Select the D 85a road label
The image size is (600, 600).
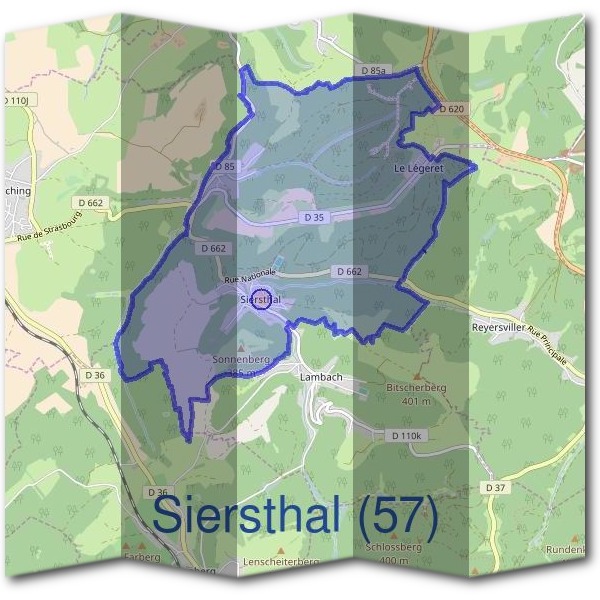coord(372,71)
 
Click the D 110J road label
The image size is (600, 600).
coord(18,100)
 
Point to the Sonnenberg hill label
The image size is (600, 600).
coord(237,357)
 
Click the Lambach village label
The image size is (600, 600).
coord(322,377)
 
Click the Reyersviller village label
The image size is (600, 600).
coord(499,327)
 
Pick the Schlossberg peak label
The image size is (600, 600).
coord(395,548)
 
